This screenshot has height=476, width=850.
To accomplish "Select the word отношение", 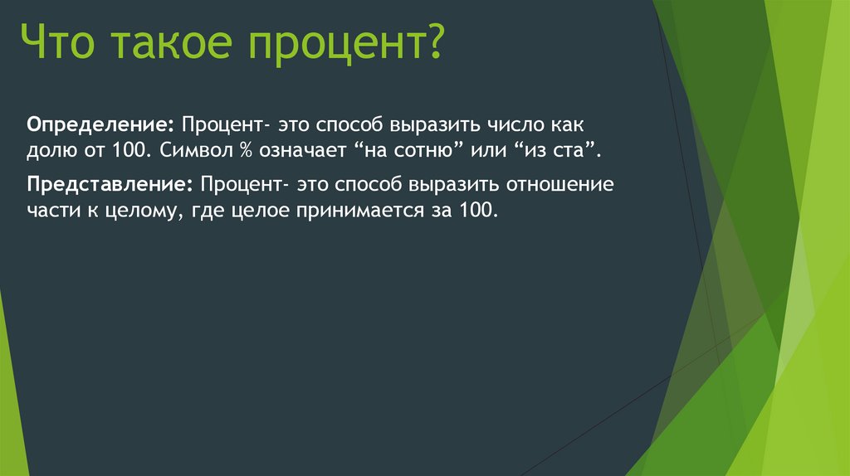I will [564, 183].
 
